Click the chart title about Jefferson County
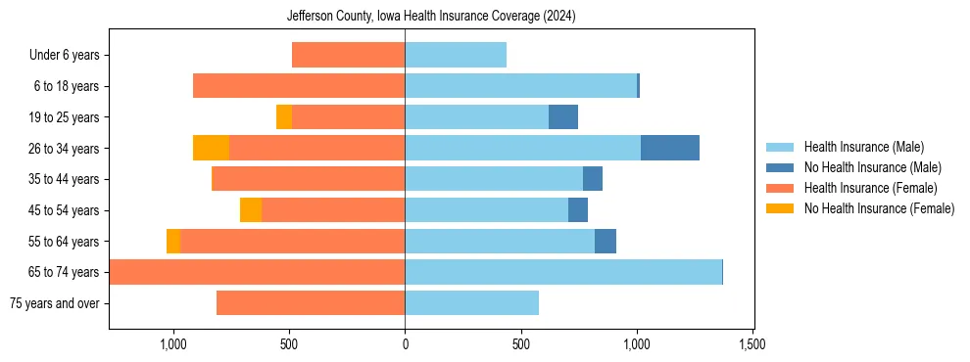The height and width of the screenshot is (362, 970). [x=431, y=17]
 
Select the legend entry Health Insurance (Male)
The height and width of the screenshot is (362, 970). [x=863, y=147]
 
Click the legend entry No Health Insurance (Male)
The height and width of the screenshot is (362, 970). [x=872, y=167]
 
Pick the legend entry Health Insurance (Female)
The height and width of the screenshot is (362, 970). [x=870, y=188]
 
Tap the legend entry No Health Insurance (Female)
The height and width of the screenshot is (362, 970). [x=879, y=208]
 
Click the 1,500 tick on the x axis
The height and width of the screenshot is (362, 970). [x=752, y=344]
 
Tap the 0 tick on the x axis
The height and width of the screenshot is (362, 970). [x=405, y=344]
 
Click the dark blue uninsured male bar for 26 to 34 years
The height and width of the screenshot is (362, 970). [x=670, y=148]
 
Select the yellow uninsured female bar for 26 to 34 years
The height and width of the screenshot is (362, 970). [x=211, y=148]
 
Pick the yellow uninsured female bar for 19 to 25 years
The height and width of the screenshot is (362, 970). [x=284, y=117]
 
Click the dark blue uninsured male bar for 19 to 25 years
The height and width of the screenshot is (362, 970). [x=563, y=117]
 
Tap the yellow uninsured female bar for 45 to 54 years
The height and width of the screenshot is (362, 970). [x=251, y=210]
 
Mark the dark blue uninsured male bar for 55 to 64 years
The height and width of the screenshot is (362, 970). [x=606, y=241]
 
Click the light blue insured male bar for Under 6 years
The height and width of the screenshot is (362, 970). [x=456, y=56]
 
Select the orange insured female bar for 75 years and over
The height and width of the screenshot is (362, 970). [x=311, y=303]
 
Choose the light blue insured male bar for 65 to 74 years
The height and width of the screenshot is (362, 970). [x=563, y=272]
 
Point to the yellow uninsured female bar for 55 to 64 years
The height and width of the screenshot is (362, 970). [x=173, y=241]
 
